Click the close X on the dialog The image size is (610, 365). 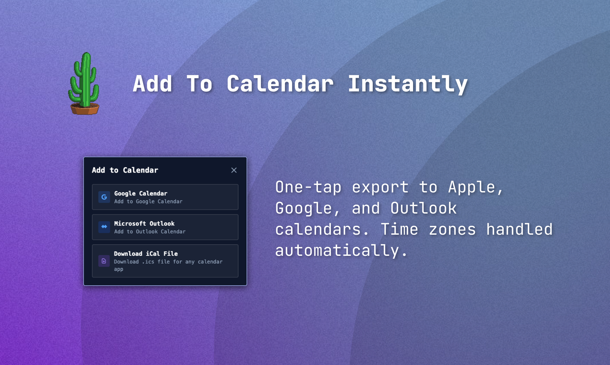[234, 170]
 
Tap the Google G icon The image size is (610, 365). [104, 197]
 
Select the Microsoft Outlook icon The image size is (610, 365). [104, 227]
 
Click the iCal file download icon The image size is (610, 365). [104, 261]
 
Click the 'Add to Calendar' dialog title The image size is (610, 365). [125, 170]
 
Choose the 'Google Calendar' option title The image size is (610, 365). [141, 193]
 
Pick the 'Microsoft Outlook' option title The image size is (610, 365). [144, 223]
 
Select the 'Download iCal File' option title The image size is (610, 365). [146, 254]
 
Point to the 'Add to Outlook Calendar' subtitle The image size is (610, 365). [150, 231]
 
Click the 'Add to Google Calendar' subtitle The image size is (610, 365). [148, 201]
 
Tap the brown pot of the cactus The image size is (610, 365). [85, 109]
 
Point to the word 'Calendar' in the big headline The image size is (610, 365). [280, 84]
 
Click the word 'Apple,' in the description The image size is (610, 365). [476, 187]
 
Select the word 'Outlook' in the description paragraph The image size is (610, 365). [424, 208]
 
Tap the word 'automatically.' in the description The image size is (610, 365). [341, 250]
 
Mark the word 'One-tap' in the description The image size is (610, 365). [308, 188]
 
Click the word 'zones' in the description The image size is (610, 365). [452, 230]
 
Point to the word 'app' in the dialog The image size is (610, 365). [118, 269]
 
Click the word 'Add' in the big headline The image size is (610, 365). [153, 84]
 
